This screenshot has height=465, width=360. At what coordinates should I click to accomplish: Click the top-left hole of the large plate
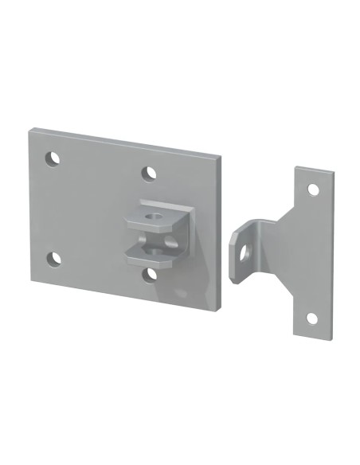53,158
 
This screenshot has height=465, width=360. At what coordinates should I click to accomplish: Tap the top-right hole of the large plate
149,173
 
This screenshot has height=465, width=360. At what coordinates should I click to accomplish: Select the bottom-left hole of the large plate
53,258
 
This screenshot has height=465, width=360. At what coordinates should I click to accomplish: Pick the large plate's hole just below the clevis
151,275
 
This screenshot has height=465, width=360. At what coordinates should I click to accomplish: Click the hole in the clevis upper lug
155,213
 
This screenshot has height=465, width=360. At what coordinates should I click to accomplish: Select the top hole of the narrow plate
313,190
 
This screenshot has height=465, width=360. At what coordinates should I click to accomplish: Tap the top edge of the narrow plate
315,170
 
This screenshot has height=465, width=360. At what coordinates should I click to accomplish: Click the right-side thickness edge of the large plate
219,231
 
